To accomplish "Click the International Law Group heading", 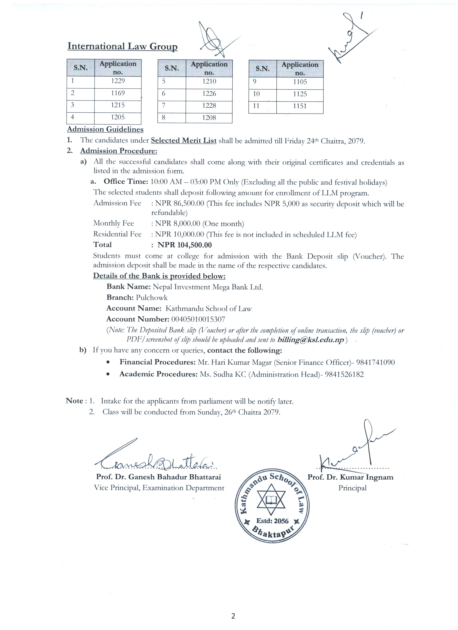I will (122, 46).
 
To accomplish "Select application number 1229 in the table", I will (118, 81).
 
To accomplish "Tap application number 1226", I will (209, 94).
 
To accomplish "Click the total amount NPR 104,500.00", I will (184, 245).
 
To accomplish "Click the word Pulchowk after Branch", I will (152, 298).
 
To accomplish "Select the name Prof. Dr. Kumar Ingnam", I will (350, 477).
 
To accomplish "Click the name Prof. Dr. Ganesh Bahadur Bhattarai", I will (159, 477).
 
